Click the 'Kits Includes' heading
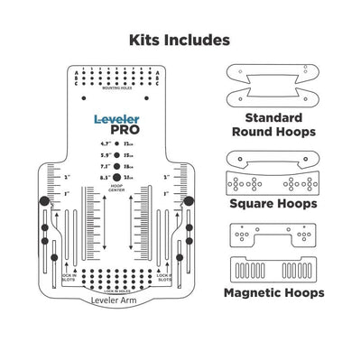coord(180,40)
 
